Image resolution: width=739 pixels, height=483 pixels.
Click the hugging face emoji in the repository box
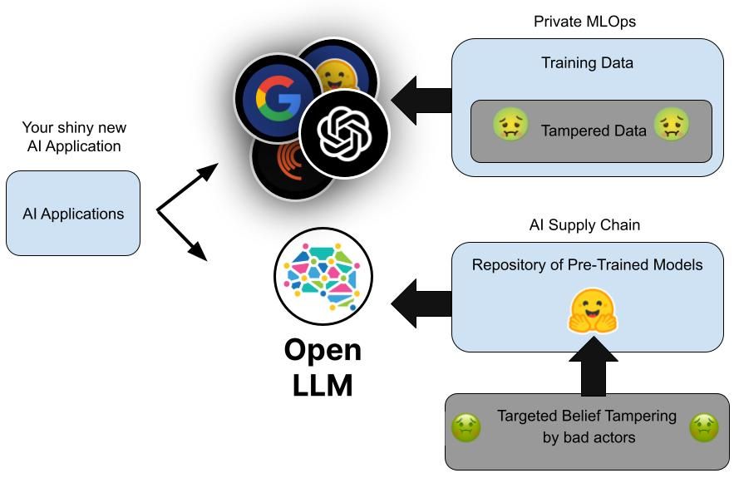pos(594,312)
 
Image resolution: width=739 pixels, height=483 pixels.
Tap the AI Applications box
pos(73,214)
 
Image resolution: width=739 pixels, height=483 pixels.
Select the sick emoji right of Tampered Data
pos(672,126)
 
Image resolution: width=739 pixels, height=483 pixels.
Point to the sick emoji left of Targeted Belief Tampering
pos(466,428)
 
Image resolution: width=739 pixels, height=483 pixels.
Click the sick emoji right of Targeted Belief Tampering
pos(704,428)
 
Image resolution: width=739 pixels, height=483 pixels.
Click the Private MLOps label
pos(584,22)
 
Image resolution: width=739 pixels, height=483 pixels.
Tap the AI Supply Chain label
pos(584,225)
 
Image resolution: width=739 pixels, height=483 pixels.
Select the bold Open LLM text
pos(323,367)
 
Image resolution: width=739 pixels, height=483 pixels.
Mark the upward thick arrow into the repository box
pos(594,367)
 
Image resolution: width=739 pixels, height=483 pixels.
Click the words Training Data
pos(587,63)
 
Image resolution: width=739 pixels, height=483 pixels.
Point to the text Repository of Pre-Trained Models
pos(587,265)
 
